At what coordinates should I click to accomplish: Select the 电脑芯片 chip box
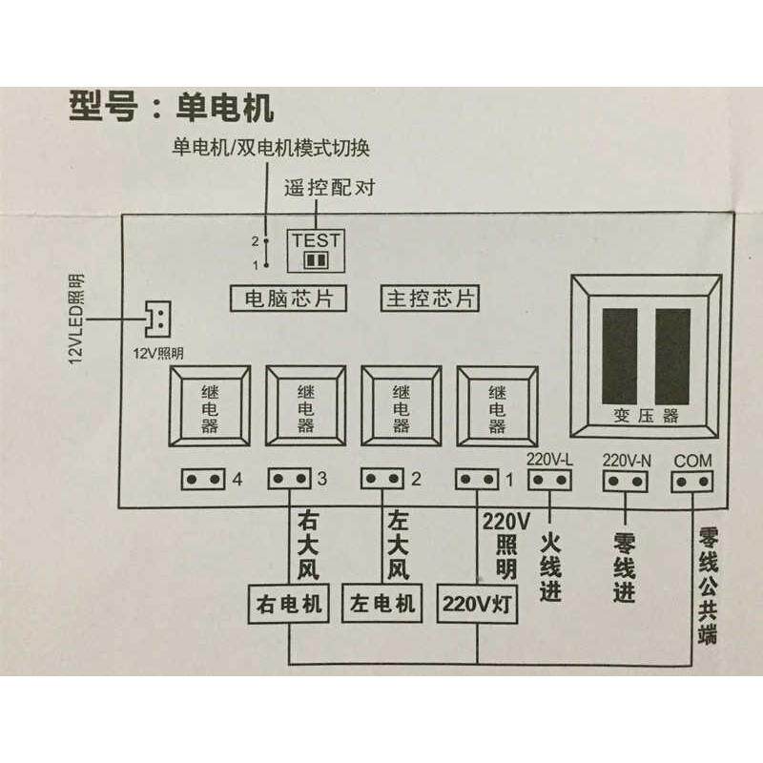tap(288, 299)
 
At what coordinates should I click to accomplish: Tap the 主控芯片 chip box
tap(430, 299)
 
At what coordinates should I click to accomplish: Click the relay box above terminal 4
tap(211, 406)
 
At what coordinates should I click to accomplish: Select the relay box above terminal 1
tap(497, 406)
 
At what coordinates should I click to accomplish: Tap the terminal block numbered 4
tap(204, 478)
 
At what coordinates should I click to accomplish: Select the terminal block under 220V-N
tap(626, 481)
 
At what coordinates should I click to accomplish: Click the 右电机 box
tap(286, 604)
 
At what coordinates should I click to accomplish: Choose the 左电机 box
tap(381, 604)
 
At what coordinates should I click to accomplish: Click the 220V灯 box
tap(477, 604)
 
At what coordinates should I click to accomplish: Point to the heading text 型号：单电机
tap(172, 106)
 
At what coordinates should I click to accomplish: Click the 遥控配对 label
tap(329, 187)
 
